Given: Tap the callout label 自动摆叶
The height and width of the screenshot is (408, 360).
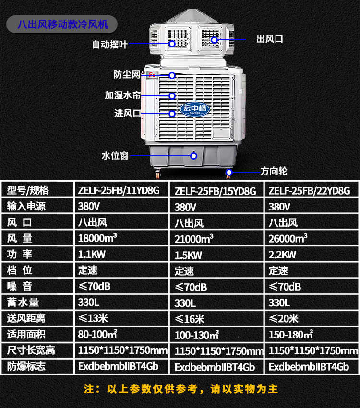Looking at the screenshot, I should click(x=109, y=45).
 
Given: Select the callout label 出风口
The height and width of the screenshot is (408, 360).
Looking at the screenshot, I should click(x=270, y=39).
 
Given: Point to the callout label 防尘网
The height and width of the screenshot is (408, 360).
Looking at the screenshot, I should click(x=126, y=75).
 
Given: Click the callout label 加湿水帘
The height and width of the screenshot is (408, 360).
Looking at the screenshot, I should click(x=122, y=95).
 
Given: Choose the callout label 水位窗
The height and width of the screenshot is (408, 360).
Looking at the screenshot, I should click(x=115, y=156).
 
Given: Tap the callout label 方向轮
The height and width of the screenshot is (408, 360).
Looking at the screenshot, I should click(x=274, y=171).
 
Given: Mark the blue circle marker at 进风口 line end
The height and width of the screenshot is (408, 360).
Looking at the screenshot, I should click(x=172, y=114).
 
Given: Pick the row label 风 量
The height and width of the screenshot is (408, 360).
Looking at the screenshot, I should click(x=20, y=238).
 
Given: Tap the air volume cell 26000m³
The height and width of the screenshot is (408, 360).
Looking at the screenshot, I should click(x=288, y=238).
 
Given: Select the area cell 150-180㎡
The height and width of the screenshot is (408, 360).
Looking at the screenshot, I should click(x=290, y=334).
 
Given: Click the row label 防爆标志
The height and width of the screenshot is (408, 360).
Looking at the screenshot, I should click(x=26, y=367).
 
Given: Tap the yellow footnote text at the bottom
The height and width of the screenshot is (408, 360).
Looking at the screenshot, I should click(x=180, y=389).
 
